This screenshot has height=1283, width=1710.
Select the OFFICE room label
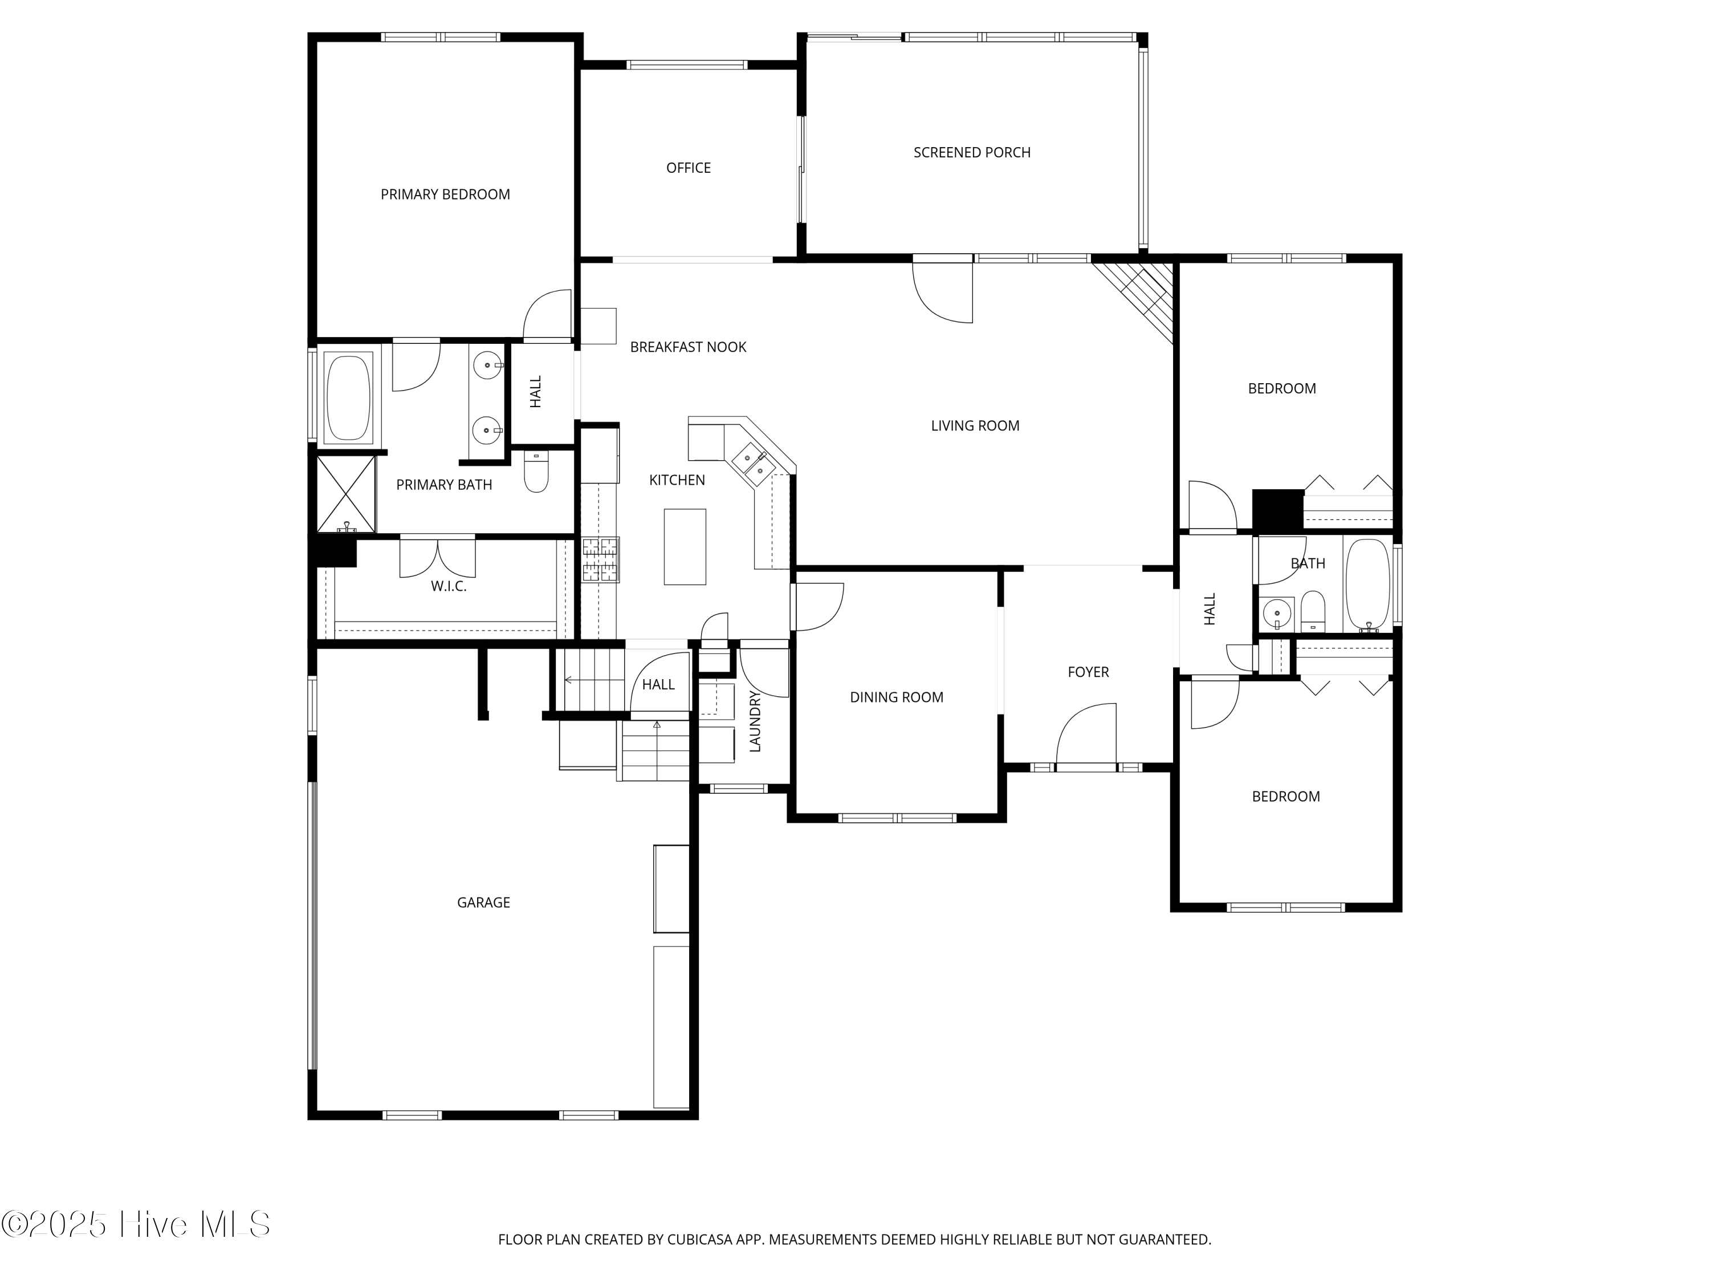[688, 168]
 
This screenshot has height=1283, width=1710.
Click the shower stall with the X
[345, 493]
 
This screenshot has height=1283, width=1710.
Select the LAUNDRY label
[755, 721]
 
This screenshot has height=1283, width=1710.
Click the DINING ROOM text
[896, 697]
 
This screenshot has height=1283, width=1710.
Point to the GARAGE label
[483, 903]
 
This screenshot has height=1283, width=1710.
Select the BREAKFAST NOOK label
[687, 347]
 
